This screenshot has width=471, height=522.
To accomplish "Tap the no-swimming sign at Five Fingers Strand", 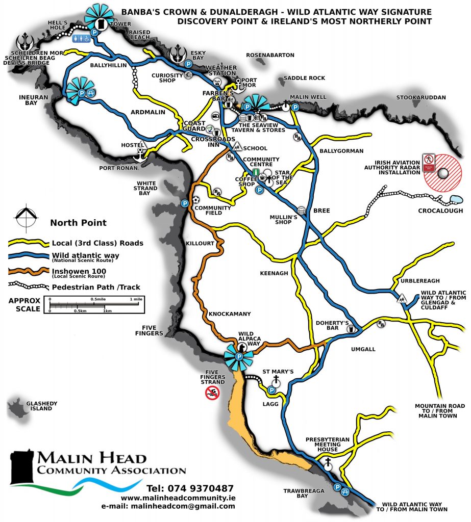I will click(212, 393).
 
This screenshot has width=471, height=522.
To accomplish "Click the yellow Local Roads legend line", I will click(28, 243).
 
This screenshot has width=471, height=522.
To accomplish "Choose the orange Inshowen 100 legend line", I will click(28, 271).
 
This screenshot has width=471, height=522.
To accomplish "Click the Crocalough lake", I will click(455, 200).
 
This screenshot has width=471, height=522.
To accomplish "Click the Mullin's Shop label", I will click(284, 219).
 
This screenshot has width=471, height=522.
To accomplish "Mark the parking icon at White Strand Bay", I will click(184, 203).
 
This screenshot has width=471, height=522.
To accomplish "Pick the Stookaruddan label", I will click(422, 97).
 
